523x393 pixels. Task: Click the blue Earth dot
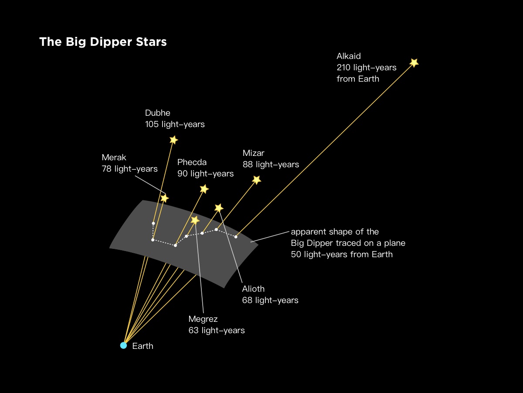point(123,345)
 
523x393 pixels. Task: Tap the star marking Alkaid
point(414,62)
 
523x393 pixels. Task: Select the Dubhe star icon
point(173,140)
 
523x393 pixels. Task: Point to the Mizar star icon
point(257,180)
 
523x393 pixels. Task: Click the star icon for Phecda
point(204,189)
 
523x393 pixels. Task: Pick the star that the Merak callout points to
point(164,198)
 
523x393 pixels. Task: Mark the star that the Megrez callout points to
point(195,220)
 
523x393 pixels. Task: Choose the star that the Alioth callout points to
point(219,208)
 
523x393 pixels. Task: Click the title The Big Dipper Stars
point(103,42)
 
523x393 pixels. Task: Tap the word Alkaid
point(349,56)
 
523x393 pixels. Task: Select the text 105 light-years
point(175,124)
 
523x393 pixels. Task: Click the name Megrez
point(203,319)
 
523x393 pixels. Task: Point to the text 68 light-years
point(270,300)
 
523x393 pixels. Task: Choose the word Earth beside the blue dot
point(143,346)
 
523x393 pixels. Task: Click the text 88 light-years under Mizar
point(271,165)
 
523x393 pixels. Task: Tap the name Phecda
point(192,162)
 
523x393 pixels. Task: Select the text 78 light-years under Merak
point(129,169)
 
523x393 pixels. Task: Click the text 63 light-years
point(216,331)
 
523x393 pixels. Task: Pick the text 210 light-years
point(366,68)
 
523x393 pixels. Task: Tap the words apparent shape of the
point(335,231)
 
